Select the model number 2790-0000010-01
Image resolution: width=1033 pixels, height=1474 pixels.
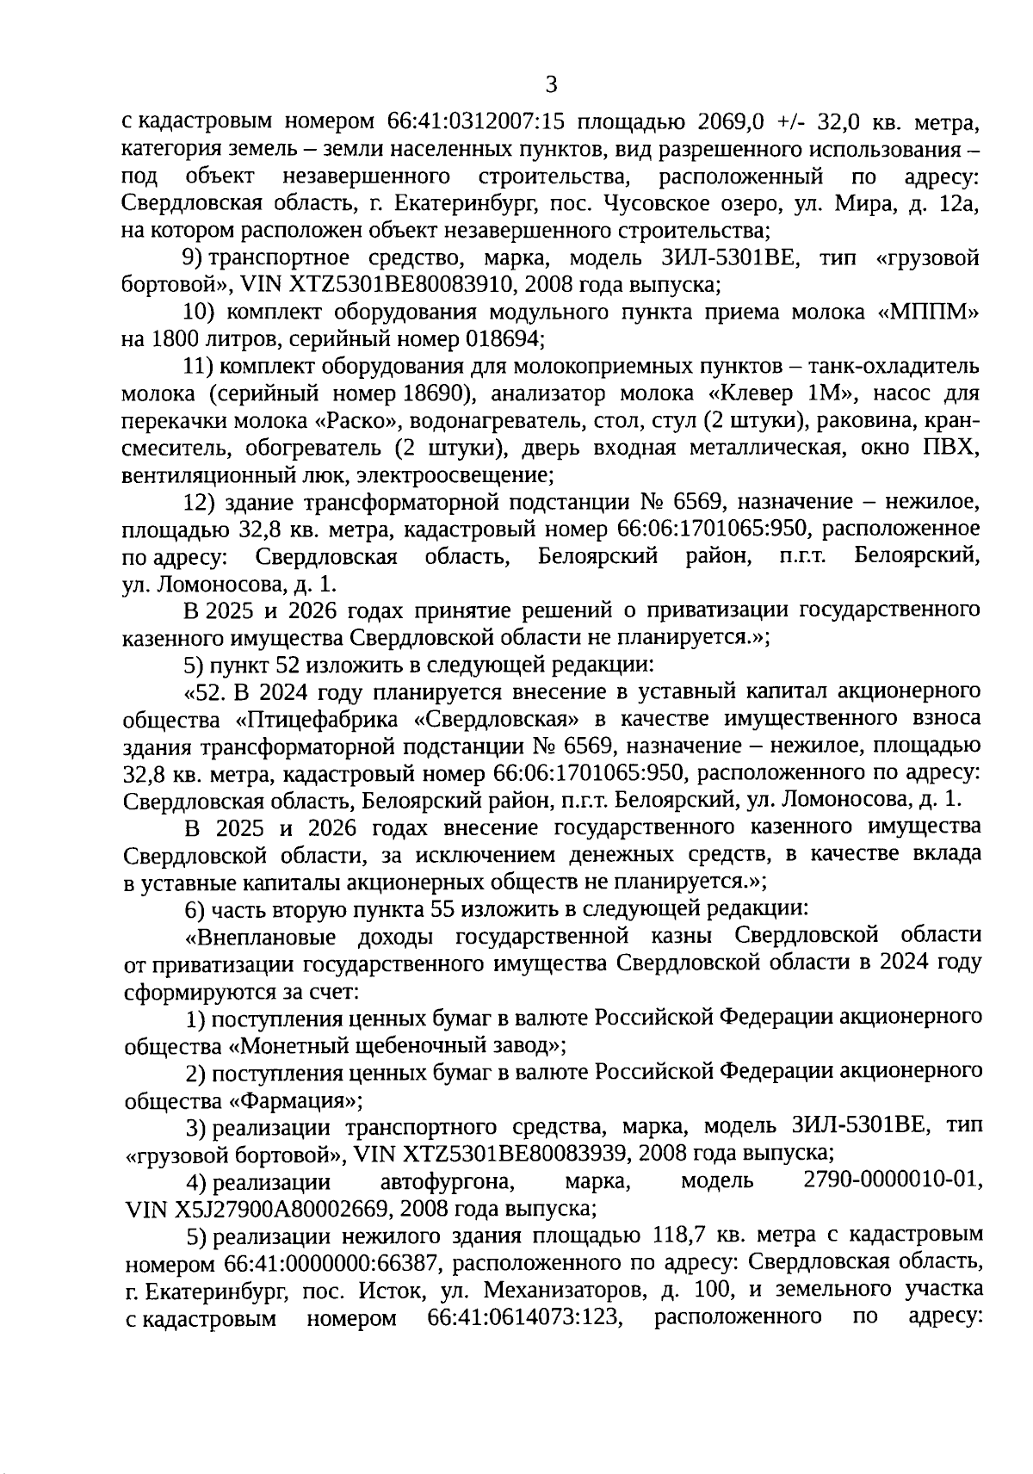click(x=891, y=1180)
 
